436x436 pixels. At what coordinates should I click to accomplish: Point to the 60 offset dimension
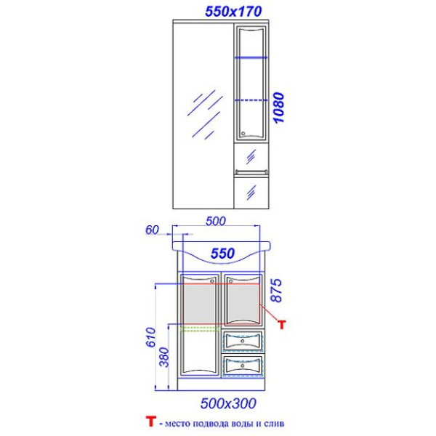[152, 230]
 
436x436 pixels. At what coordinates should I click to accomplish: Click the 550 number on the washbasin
[222, 254]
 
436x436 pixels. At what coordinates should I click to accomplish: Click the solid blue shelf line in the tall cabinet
[251, 57]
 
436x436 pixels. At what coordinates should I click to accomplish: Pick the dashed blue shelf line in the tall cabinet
[251, 100]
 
